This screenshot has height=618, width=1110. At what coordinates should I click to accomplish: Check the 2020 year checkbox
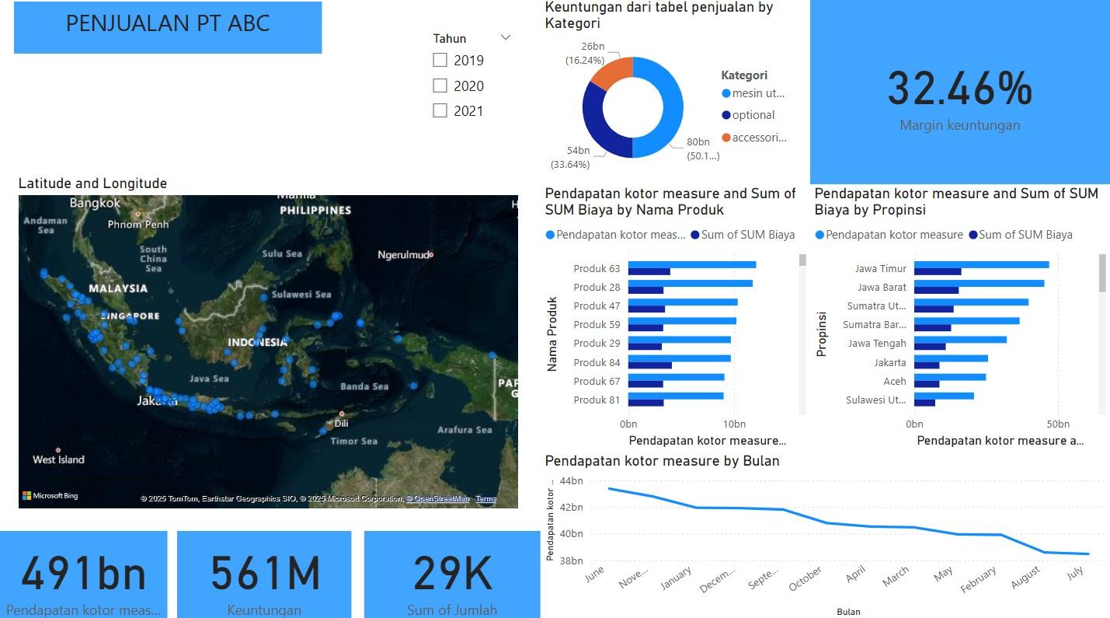(x=440, y=86)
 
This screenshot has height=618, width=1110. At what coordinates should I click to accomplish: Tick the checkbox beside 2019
(x=440, y=60)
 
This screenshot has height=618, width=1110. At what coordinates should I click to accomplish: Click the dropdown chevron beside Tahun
(x=506, y=37)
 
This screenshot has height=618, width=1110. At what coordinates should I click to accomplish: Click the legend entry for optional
(x=753, y=115)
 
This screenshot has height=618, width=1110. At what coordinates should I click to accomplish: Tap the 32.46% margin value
(x=959, y=88)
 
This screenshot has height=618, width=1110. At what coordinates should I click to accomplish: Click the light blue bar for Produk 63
(x=691, y=265)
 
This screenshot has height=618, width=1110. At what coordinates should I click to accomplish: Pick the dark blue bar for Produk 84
(x=649, y=365)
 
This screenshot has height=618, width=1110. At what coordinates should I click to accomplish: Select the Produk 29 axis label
(x=597, y=344)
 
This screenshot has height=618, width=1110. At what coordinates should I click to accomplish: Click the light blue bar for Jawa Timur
(x=980, y=265)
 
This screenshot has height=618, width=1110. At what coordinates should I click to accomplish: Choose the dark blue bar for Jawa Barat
(x=936, y=291)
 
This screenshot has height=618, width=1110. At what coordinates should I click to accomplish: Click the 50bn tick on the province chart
(x=1058, y=424)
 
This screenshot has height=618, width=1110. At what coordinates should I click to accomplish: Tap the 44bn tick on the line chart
(x=570, y=481)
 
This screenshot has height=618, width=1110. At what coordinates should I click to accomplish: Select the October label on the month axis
(x=806, y=579)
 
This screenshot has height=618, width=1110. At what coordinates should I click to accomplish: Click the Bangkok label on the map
(x=96, y=204)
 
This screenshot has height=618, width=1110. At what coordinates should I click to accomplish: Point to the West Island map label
(x=58, y=459)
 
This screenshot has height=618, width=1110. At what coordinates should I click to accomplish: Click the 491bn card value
(x=83, y=574)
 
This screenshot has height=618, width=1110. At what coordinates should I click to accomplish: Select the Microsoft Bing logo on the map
(x=50, y=496)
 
